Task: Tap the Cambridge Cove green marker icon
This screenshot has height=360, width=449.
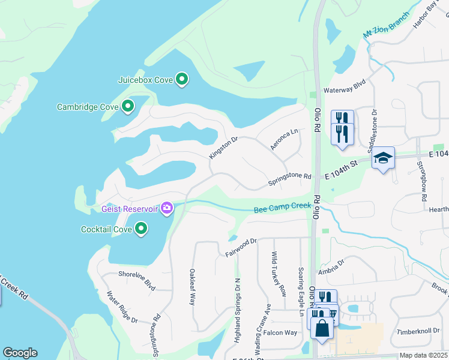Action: click(127, 107)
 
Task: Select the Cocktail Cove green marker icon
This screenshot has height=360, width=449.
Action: click(141, 229)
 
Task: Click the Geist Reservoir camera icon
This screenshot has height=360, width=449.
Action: click(167, 208)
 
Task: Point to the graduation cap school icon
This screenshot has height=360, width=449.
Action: click(383, 158)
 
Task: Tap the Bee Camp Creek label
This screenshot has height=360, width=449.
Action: click(282, 208)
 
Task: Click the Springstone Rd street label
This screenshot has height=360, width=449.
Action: click(290, 177)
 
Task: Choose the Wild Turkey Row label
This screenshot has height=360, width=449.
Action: click(279, 274)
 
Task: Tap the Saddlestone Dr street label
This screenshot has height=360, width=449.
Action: click(374, 121)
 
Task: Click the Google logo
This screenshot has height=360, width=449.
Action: click(20, 353)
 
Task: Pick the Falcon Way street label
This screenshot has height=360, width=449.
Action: click(280, 333)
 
